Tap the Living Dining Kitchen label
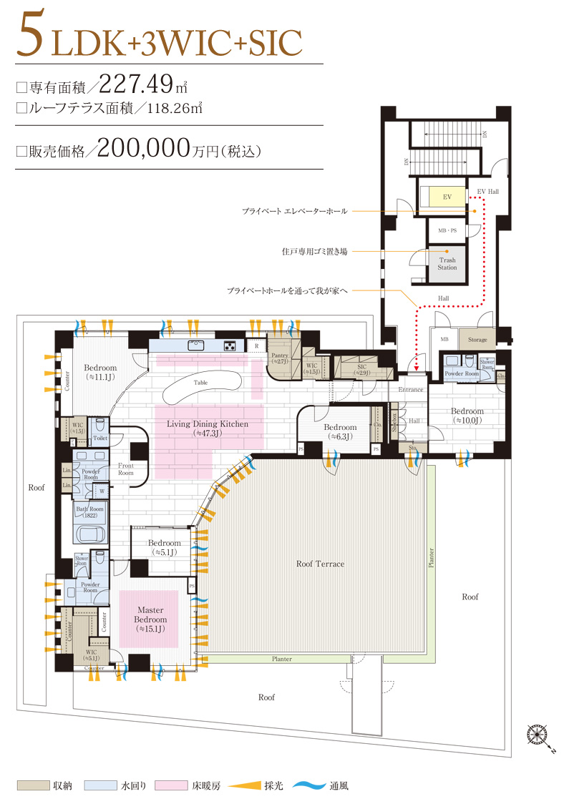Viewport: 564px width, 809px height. point(208,428)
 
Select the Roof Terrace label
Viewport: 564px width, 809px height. point(320,564)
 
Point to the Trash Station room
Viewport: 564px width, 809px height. point(447,264)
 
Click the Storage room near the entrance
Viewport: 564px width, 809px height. point(477,340)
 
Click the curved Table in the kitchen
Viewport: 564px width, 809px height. point(200,383)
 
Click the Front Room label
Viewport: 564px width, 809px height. point(126,469)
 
